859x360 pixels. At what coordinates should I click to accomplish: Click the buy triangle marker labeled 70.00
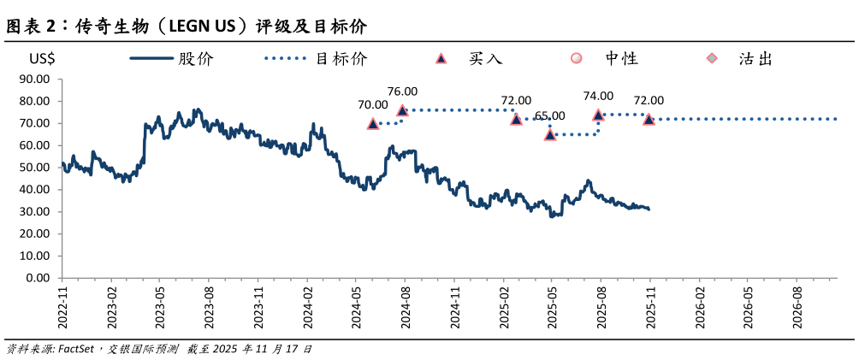tap(373, 123)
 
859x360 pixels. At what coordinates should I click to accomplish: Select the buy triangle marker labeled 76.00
tap(402, 110)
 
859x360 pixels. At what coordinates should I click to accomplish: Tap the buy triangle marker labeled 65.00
tap(550, 134)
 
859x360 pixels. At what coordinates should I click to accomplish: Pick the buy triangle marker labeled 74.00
tap(598, 115)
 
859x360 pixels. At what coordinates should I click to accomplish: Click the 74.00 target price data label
tap(598, 96)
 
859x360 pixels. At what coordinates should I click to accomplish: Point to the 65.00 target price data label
tap(549, 115)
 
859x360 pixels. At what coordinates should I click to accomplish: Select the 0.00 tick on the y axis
tap(39, 278)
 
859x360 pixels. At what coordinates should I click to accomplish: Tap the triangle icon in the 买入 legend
tap(441, 58)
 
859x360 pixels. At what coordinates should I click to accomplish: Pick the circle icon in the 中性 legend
tap(577, 58)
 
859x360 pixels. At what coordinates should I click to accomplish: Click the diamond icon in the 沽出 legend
tap(711, 58)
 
